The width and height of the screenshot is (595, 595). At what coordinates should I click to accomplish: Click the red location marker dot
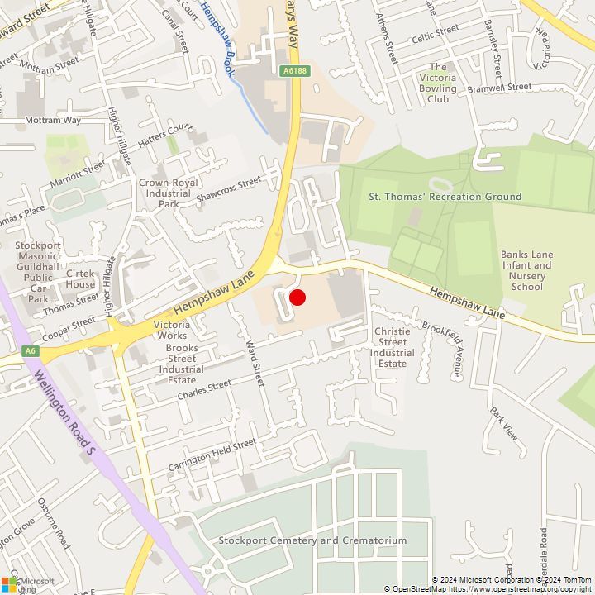pos(297,297)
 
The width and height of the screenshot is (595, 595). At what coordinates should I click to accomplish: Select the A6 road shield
pos(31,351)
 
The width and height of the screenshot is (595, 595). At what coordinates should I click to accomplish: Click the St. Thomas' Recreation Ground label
pos(445,197)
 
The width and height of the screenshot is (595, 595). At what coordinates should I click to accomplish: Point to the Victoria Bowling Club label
pos(438,83)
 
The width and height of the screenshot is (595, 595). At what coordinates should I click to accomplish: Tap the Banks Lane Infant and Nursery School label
pos(526,270)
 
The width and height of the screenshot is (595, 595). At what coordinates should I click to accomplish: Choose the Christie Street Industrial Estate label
pos(392,347)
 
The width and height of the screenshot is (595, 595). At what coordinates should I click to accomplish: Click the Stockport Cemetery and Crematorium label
pos(312,540)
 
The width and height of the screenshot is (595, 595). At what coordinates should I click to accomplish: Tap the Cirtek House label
pos(80,278)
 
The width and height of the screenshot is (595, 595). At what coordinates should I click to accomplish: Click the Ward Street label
pos(254,352)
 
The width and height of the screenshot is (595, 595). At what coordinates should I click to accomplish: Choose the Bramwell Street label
pos(499,87)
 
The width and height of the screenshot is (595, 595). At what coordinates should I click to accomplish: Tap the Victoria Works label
pos(171,331)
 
